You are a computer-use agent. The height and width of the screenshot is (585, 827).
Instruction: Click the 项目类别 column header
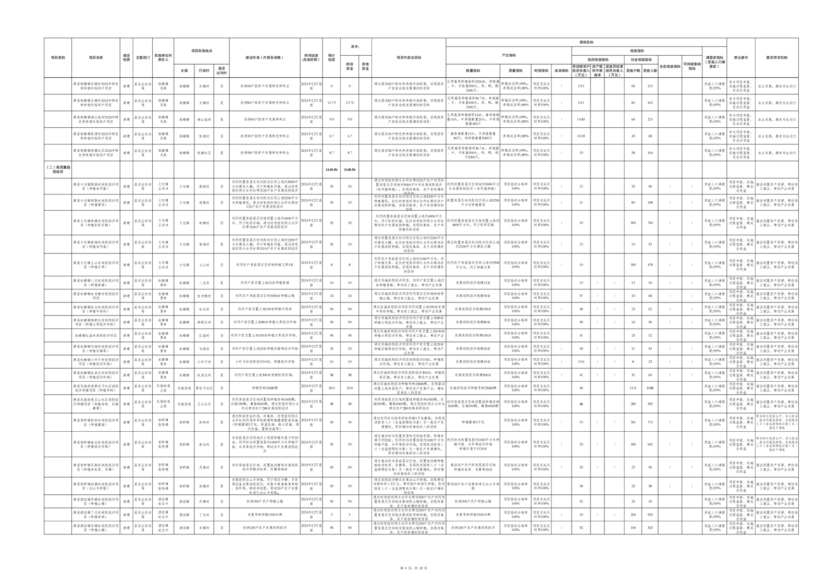(x=57, y=58)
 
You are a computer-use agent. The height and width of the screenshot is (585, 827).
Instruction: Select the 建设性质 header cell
(x=126, y=58)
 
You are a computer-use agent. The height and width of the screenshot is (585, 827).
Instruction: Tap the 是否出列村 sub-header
(x=221, y=70)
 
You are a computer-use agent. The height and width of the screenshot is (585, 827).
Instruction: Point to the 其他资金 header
(x=365, y=67)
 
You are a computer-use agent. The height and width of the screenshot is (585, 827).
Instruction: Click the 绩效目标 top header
(x=586, y=42)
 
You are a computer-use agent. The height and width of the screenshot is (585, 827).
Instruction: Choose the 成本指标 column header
(x=561, y=70)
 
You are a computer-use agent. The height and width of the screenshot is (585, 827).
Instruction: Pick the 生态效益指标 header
(x=670, y=67)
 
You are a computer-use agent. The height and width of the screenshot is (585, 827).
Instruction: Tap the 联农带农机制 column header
(x=776, y=58)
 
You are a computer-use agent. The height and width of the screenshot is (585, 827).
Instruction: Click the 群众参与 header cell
(x=740, y=58)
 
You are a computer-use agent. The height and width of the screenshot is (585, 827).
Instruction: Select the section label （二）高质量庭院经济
(x=57, y=169)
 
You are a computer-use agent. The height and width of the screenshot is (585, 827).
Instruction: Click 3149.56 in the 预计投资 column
(x=331, y=169)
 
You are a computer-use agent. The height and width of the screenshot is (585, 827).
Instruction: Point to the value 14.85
(x=581, y=119)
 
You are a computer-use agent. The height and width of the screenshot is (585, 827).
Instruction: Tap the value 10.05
(x=581, y=136)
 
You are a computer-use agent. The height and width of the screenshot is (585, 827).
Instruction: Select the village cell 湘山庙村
(x=203, y=119)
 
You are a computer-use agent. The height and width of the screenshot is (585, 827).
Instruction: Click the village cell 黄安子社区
(x=203, y=388)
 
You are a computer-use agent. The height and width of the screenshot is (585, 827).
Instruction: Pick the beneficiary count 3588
(x=650, y=388)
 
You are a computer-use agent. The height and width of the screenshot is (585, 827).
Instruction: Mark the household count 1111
(x=633, y=388)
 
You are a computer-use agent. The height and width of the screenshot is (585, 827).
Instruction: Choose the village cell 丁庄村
(x=203, y=514)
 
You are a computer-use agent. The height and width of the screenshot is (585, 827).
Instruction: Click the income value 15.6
(x=581, y=361)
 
